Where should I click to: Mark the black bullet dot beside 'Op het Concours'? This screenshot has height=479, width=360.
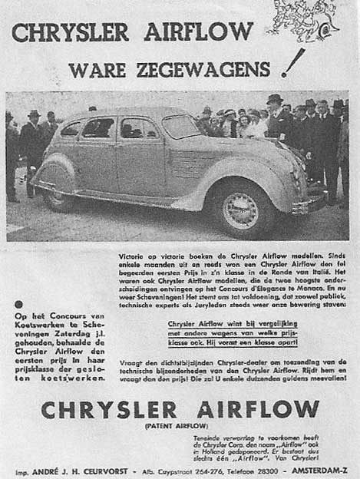click(x=18, y=306)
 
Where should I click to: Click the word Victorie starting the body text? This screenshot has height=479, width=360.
click(x=134, y=252)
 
